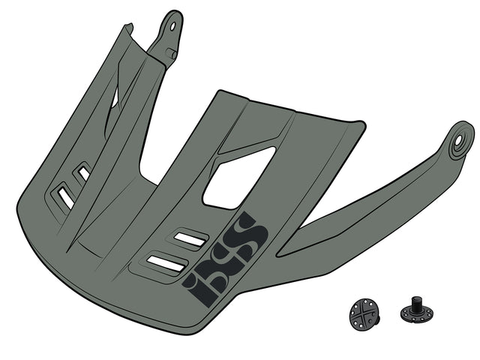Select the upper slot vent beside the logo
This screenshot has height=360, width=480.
point(190,238)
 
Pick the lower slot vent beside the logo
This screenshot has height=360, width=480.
point(166,263)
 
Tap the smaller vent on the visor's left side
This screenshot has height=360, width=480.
point(83,173)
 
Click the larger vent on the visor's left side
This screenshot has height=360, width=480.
point(66,197)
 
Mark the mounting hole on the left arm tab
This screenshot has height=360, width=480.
point(173,26)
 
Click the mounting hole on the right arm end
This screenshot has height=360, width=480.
point(458,141)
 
